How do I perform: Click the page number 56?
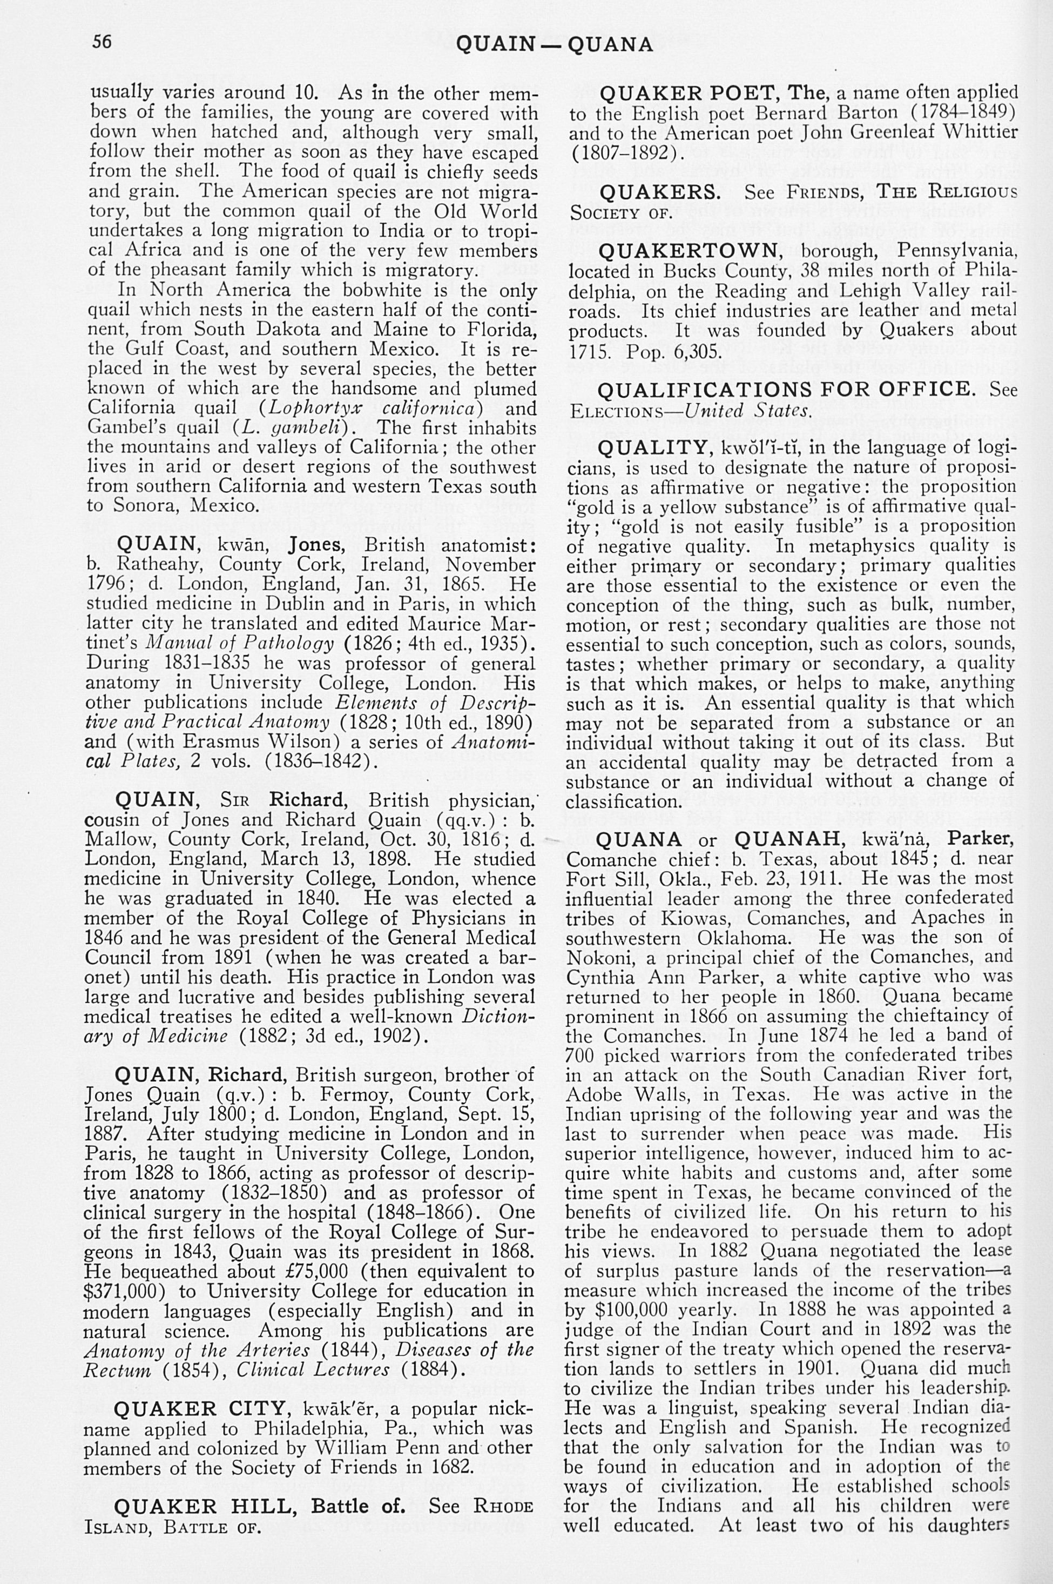102,42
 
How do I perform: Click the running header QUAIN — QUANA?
554,44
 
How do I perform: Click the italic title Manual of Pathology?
240,643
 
